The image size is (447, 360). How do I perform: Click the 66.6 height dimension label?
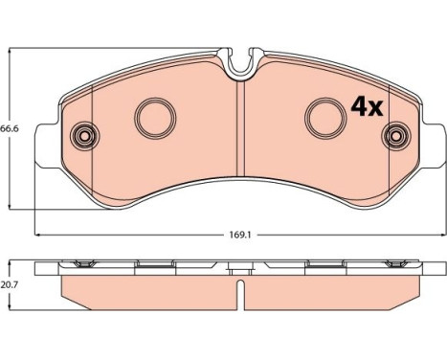10,128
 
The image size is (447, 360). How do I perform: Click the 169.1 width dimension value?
240,236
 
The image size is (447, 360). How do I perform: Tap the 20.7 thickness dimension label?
10,285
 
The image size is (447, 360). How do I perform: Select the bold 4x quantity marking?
367,107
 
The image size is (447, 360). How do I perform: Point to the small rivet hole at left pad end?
85,136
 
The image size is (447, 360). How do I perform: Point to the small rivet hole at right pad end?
395,136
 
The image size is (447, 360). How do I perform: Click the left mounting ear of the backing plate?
47,146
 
